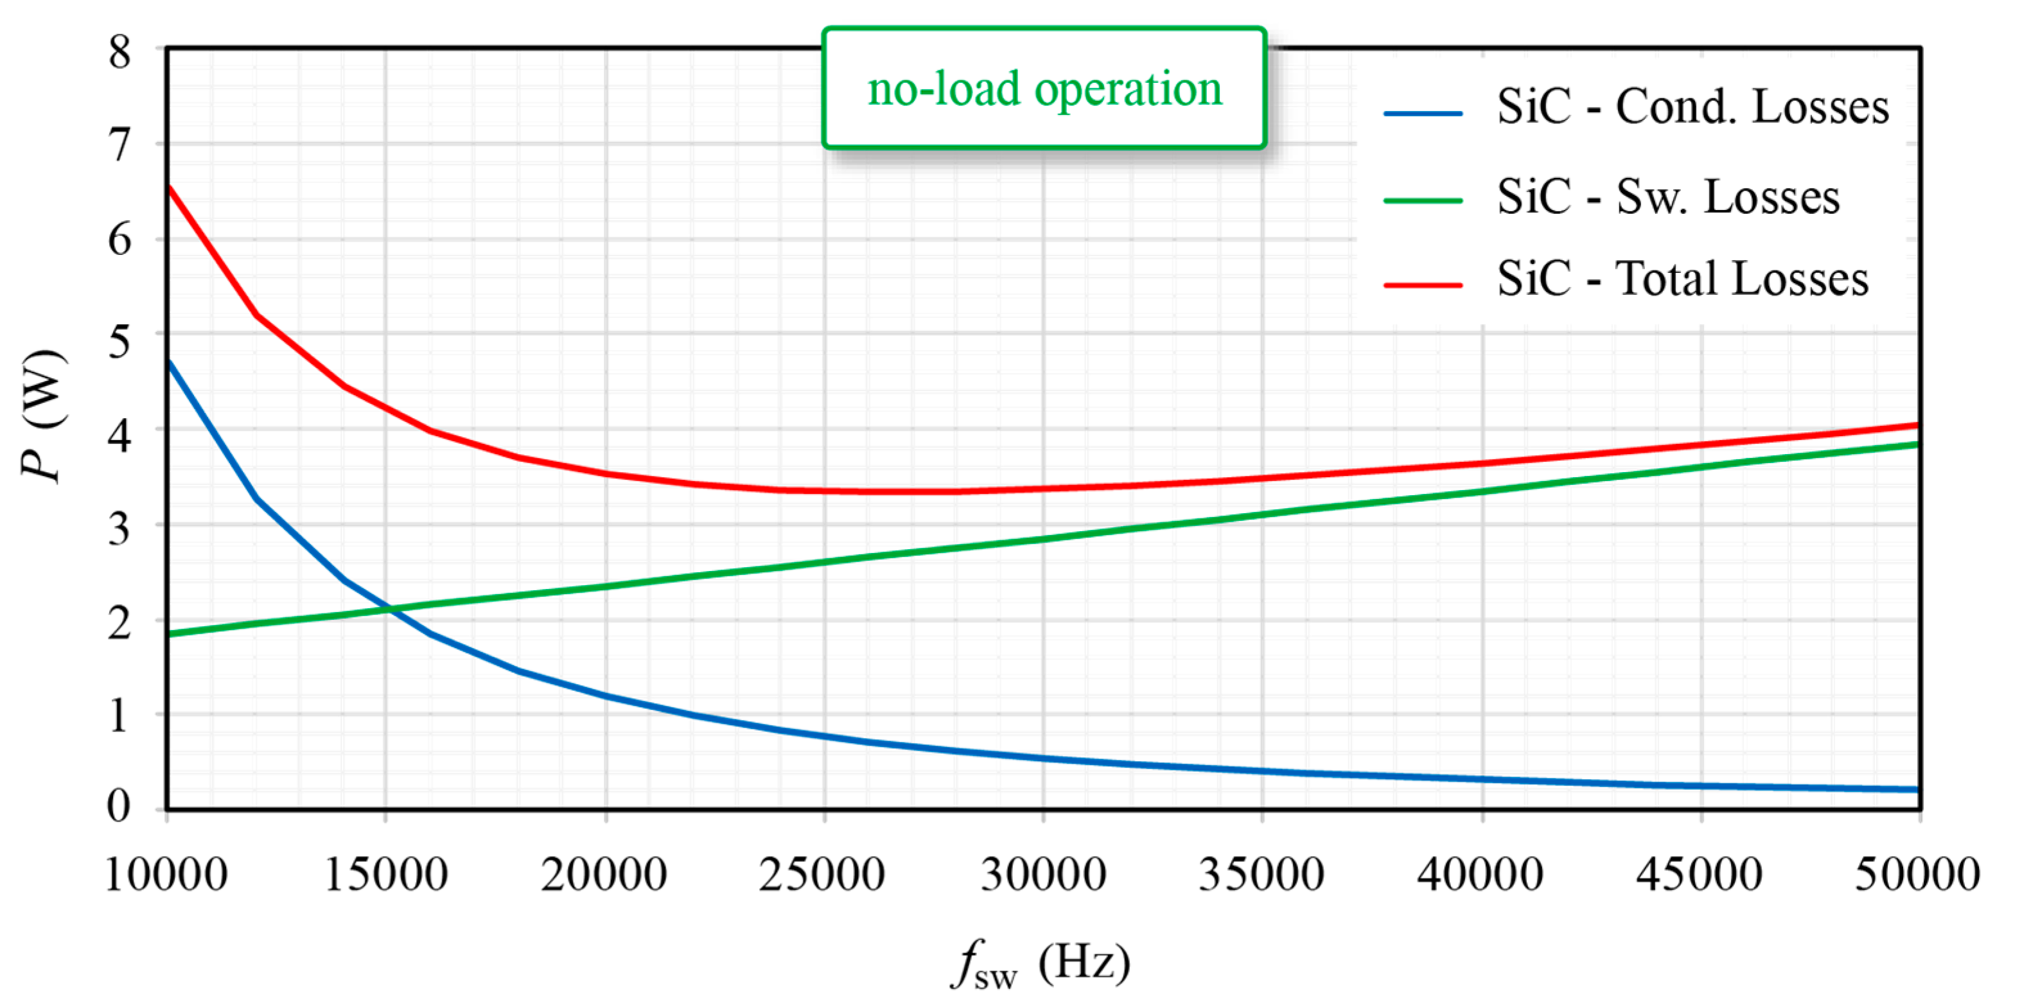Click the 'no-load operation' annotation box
pyautogui.click(x=1044, y=88)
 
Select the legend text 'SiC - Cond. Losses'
pyautogui.click(x=1692, y=107)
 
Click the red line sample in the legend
pyautogui.click(x=1422, y=285)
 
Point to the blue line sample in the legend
pyautogui.click(x=1422, y=114)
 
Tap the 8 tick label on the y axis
pyautogui.click(x=119, y=53)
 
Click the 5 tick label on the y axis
pyautogui.click(x=119, y=340)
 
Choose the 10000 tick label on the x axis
pyautogui.click(x=166, y=873)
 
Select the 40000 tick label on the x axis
pyautogui.click(x=1480, y=873)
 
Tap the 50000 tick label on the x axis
pyautogui.click(x=1917, y=873)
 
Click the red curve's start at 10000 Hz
pyautogui.click(x=170, y=187)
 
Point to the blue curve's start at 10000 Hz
pyautogui.click(x=170, y=362)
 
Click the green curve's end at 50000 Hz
pyautogui.click(x=1917, y=444)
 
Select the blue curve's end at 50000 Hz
pyautogui.click(x=1917, y=789)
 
